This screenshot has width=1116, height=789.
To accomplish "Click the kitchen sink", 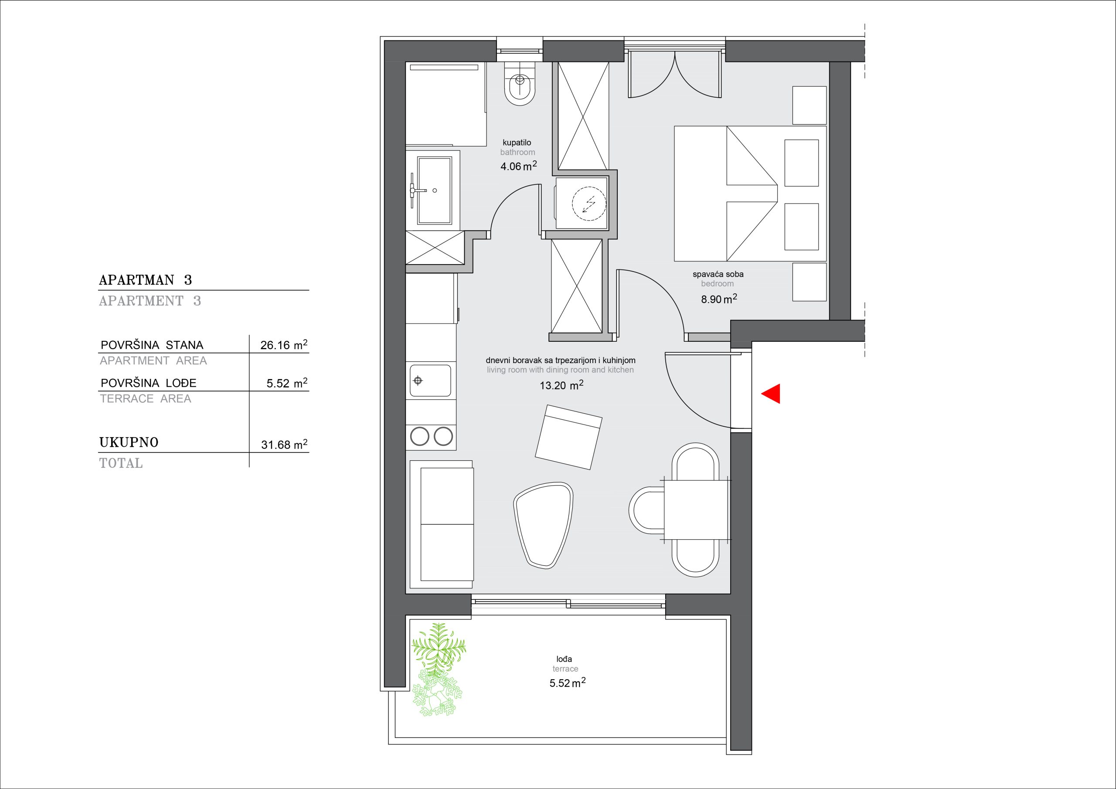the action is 430,380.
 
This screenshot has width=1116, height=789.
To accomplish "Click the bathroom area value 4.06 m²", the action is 519,166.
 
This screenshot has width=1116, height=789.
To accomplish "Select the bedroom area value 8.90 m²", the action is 719,299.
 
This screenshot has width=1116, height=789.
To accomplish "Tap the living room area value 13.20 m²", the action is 561,385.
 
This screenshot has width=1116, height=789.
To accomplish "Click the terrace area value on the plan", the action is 567,683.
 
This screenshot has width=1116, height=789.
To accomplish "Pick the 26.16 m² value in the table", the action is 284,345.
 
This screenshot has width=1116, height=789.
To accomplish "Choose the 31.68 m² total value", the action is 284,444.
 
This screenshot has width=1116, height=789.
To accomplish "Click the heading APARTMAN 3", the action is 145,280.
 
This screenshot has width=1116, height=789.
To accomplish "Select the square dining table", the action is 696,510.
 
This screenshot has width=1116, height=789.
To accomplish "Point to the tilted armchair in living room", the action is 568,436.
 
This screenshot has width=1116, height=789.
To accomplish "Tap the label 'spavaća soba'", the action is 718,274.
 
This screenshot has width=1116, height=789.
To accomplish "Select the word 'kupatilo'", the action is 517,143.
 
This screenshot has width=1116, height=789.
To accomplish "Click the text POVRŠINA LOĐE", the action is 148,383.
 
